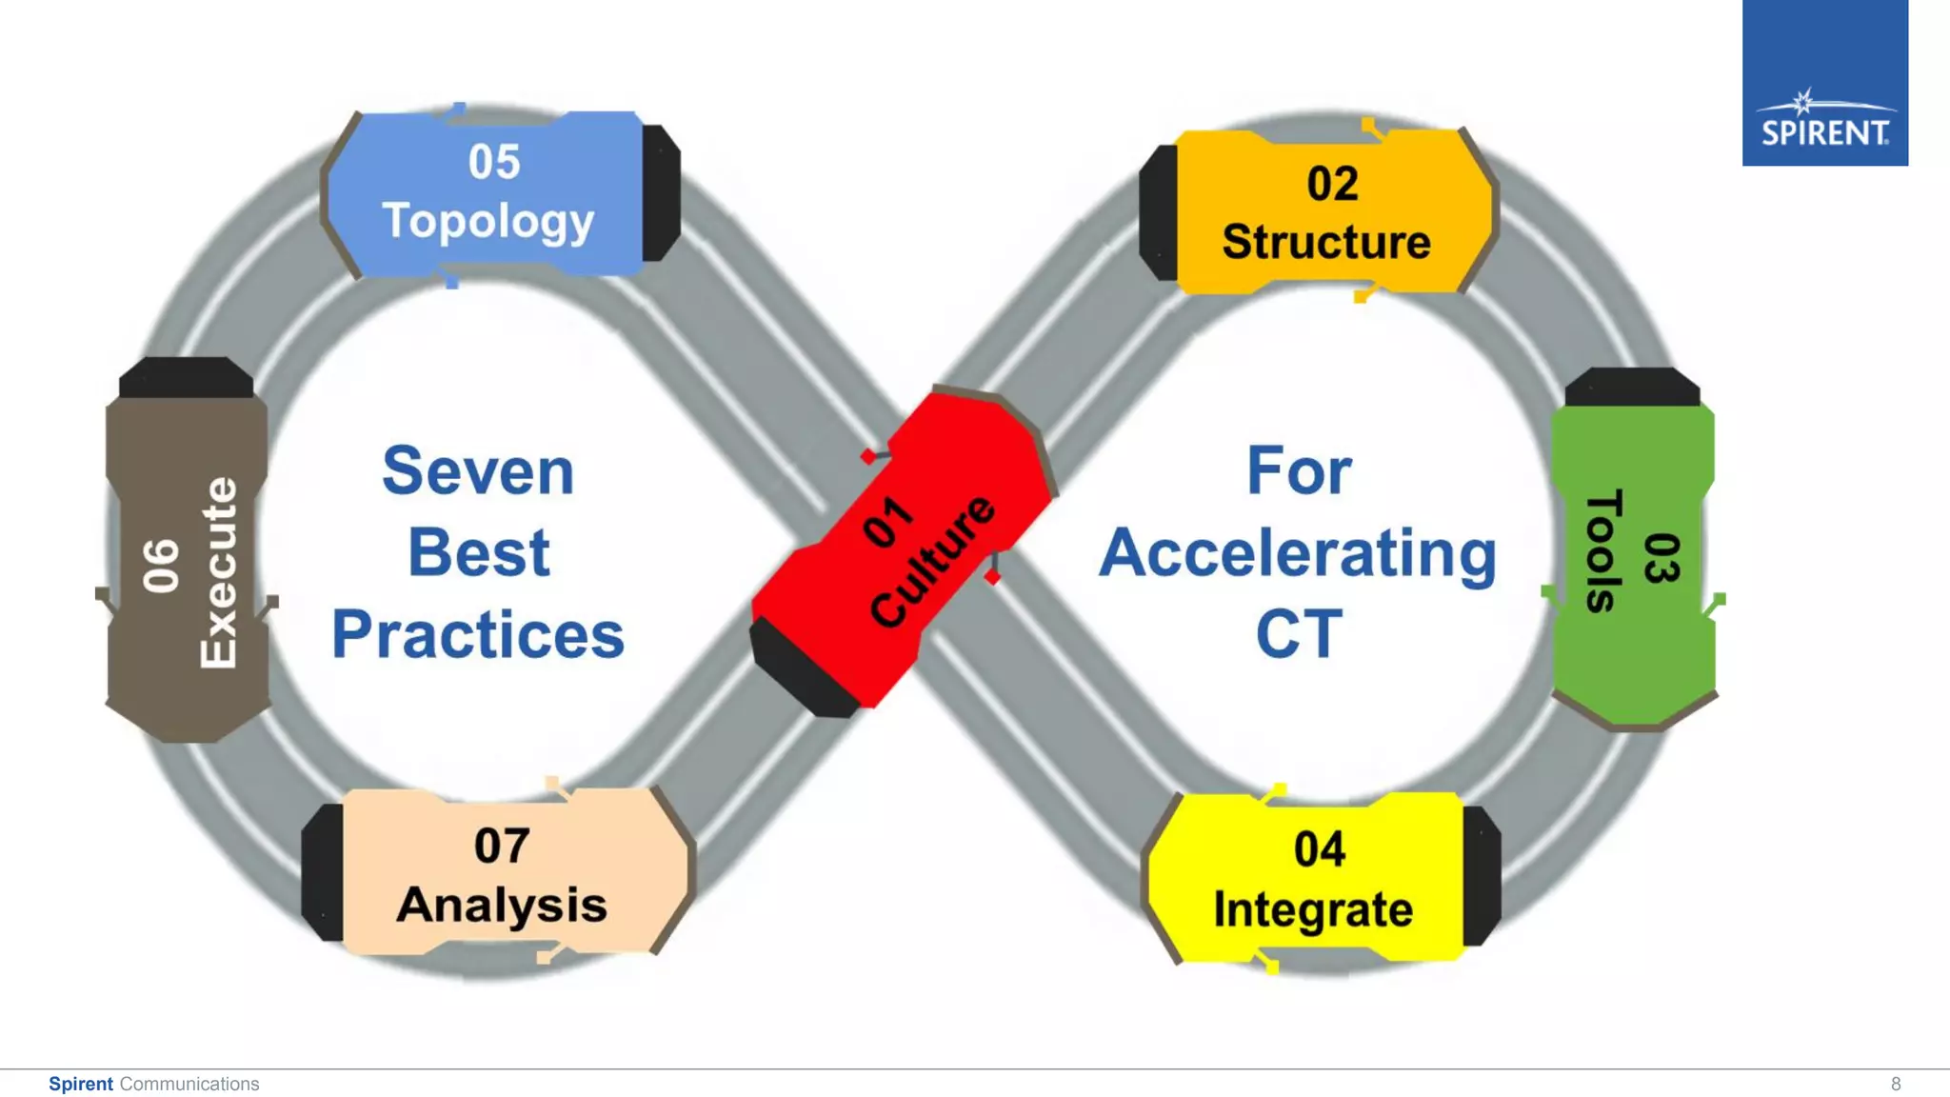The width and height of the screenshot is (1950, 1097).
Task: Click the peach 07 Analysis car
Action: point(500,872)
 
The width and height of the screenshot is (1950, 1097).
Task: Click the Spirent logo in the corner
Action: point(1824,83)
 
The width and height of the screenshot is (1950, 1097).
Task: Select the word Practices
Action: point(478,634)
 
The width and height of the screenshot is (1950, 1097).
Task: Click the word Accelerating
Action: point(1298,554)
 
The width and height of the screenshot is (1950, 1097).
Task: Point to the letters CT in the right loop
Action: point(1299,634)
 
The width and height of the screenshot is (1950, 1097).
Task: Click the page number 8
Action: point(1896,1084)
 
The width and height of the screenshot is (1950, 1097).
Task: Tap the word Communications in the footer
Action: point(189,1084)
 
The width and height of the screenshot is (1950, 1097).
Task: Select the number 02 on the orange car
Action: point(1332,184)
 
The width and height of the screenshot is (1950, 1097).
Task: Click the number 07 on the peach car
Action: point(502,846)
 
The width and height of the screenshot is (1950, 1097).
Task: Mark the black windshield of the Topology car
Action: point(661,193)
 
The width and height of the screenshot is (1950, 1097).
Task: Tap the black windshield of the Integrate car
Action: point(1482,876)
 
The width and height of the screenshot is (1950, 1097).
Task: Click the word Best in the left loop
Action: point(478,552)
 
